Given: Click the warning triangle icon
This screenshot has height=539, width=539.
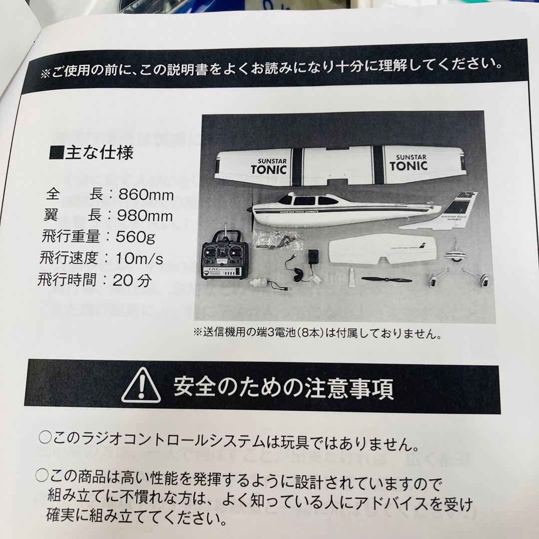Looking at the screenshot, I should click(x=141, y=386).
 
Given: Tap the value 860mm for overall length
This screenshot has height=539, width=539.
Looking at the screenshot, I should click(x=146, y=194).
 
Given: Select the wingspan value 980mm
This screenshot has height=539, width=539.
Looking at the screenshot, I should click(x=146, y=216).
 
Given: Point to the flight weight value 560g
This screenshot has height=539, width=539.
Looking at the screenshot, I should click(x=135, y=237).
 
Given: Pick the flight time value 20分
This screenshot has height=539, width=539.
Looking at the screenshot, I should click(x=132, y=280).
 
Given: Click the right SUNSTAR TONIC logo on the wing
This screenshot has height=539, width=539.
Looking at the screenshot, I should click(x=408, y=162).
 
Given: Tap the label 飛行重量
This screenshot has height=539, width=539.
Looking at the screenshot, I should click(x=70, y=237).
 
